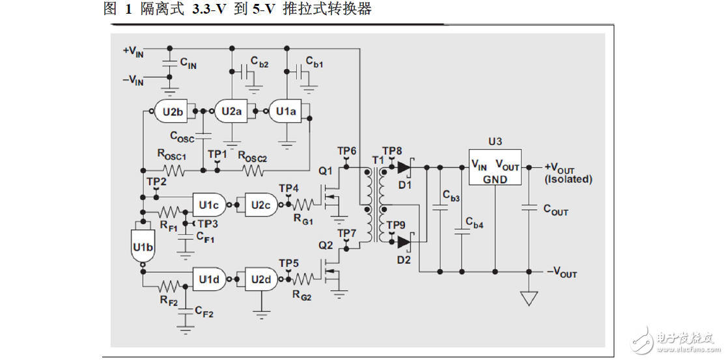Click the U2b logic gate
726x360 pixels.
click(x=172, y=111)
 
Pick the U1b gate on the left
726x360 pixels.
click(x=142, y=246)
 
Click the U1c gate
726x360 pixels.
click(x=209, y=204)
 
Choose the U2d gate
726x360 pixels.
click(x=260, y=279)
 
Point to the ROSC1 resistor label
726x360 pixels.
click(x=171, y=156)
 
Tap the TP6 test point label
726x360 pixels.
click(x=346, y=151)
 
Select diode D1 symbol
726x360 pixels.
click(x=404, y=167)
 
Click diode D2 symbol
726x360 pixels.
click(x=404, y=242)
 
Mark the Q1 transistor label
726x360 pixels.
click(x=326, y=171)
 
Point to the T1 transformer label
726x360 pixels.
click(x=375, y=160)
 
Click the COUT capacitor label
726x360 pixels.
click(x=555, y=211)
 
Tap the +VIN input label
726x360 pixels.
click(x=133, y=51)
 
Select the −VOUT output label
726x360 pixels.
click(x=561, y=273)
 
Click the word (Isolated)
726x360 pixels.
click(x=568, y=179)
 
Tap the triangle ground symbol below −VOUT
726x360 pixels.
click(x=529, y=298)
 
